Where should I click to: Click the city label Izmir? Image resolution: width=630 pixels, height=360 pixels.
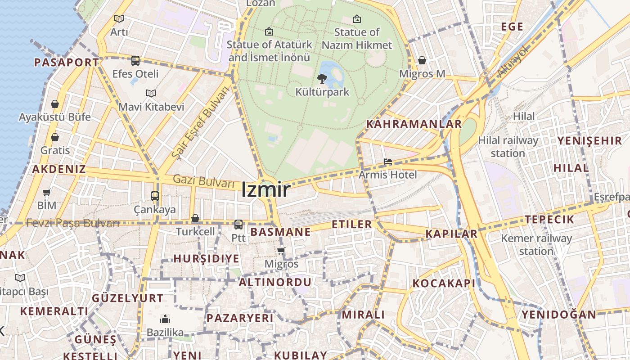click(265, 190)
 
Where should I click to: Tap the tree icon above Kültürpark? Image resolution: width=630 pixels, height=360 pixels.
click(322, 79)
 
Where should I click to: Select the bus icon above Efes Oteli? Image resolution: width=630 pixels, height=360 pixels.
click(135, 60)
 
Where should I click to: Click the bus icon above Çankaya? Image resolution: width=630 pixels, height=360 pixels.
click(155, 196)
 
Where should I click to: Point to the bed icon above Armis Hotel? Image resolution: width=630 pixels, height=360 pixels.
click(387, 162)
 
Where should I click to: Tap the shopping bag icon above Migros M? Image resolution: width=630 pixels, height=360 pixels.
click(422, 60)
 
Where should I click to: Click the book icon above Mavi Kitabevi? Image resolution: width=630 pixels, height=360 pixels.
click(151, 94)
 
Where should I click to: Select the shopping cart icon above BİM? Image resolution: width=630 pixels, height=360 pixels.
click(47, 193)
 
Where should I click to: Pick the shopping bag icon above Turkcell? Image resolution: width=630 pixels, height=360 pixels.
click(195, 218)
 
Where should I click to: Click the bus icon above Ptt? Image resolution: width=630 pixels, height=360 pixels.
click(238, 224)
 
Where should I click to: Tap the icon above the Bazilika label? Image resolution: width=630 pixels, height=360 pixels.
click(165, 319)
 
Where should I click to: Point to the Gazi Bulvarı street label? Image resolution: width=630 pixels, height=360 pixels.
click(204, 181)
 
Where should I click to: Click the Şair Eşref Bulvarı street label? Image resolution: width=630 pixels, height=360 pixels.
click(200, 122)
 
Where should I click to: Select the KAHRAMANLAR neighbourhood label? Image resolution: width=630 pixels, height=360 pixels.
click(414, 124)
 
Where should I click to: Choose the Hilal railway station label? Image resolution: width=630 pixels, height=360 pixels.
click(508, 147)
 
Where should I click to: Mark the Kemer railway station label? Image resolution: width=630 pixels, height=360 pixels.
click(536, 244)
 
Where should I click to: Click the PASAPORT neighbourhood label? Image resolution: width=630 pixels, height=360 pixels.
click(66, 63)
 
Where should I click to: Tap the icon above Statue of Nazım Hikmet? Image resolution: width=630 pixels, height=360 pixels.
click(357, 19)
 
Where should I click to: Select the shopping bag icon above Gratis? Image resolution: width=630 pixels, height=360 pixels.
click(55, 137)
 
